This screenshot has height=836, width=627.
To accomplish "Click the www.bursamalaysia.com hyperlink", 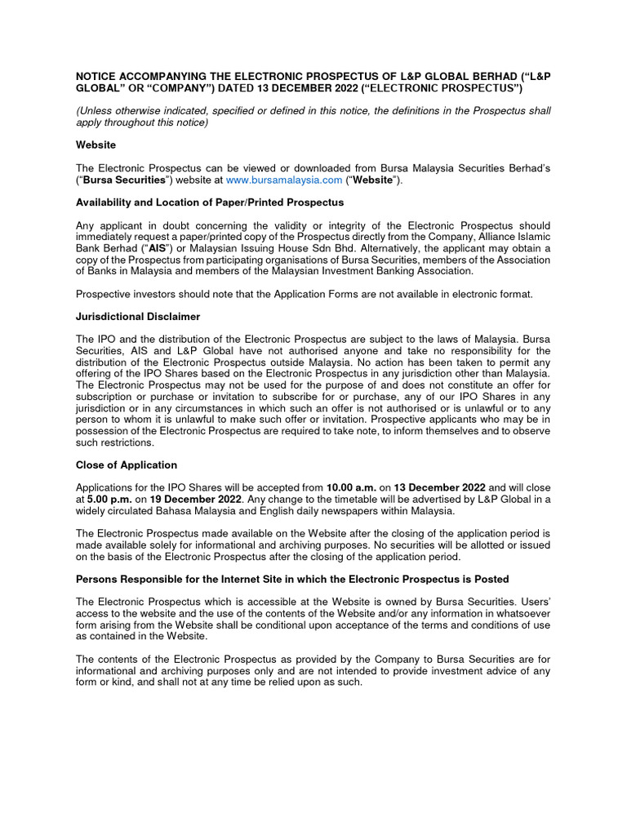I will [283, 180].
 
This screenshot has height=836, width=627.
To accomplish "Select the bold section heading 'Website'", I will [96, 145].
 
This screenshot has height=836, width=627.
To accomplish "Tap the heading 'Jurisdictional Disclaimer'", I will [138, 316].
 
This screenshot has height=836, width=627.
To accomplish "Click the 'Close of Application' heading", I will [126, 465].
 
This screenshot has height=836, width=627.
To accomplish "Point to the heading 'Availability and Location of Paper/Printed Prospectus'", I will [210, 202].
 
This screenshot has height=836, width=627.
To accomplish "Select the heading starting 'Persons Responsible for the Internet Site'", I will [292, 579].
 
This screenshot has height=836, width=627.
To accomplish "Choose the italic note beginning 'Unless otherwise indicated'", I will [313, 116].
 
